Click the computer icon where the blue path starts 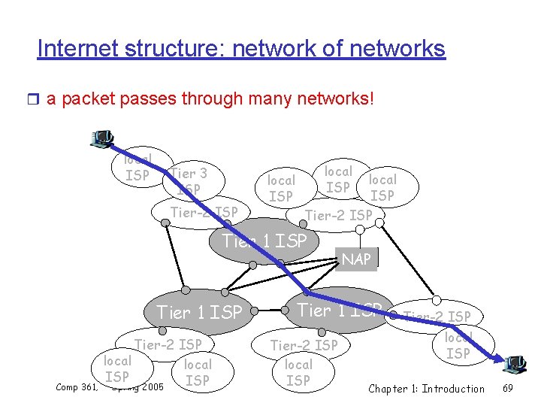coord(101,139)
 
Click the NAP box coord(356,259)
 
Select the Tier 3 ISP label coord(189,181)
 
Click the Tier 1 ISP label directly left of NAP coord(264,241)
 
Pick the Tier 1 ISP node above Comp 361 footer coord(199,312)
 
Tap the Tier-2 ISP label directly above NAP coord(339,216)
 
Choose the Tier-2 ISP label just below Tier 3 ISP coord(204,212)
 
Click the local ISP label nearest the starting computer coord(137,168)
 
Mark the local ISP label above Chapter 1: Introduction coord(458,345)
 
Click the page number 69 coord(507,389)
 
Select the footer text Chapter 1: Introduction coord(426,389)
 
